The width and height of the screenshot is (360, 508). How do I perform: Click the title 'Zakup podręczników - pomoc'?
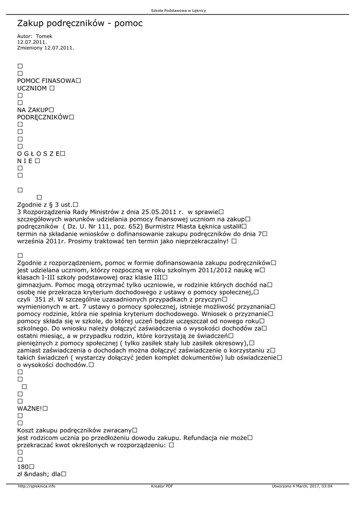79,23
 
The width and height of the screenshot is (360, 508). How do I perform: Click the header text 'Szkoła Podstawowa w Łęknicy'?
178,10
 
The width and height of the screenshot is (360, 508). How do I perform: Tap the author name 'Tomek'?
44,36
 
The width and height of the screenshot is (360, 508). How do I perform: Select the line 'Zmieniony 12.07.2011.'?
45,48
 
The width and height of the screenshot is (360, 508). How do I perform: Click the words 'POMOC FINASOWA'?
46,80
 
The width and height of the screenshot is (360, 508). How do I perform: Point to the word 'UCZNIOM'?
32,88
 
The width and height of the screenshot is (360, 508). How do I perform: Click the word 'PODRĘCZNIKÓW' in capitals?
42,117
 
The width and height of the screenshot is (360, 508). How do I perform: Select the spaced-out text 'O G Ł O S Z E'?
38,154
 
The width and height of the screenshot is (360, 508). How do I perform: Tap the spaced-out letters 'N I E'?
25,161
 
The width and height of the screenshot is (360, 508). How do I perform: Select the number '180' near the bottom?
22,467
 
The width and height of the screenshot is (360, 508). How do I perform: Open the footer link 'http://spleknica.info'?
37,486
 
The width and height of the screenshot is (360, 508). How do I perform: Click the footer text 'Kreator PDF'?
162,486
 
